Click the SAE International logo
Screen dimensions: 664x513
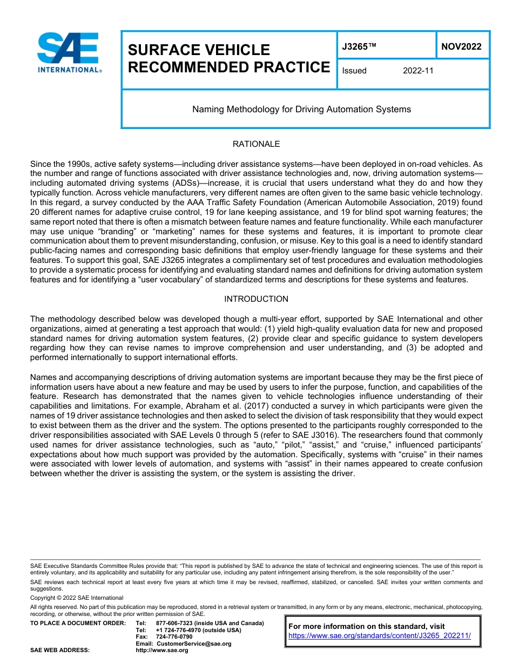(69, 52)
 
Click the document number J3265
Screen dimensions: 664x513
(359, 47)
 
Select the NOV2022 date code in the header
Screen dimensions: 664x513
(461, 47)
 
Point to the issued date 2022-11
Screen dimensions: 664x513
(418, 71)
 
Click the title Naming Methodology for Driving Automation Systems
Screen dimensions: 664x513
(301, 110)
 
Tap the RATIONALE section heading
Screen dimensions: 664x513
(256, 144)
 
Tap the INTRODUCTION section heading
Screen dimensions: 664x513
(256, 299)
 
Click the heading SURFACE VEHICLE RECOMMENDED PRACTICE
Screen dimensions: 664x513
(228, 59)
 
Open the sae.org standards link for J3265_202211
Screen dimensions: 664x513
(380, 636)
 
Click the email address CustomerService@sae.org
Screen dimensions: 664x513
(193, 643)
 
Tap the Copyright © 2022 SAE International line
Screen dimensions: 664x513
(77, 598)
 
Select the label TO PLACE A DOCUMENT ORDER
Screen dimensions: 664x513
(78, 624)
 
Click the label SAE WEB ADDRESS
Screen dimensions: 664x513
(60, 651)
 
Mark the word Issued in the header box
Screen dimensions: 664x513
(354, 71)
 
